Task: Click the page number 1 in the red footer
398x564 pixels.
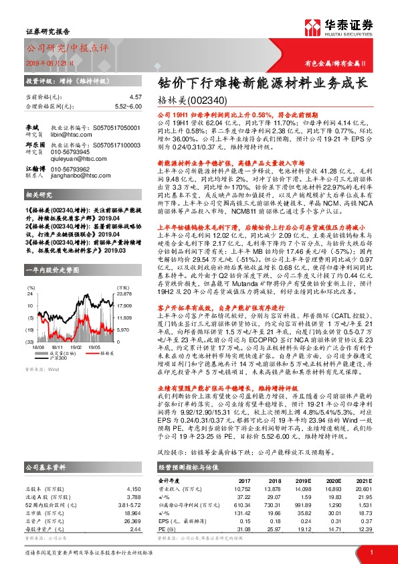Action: pyautogui.click(x=371, y=551)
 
